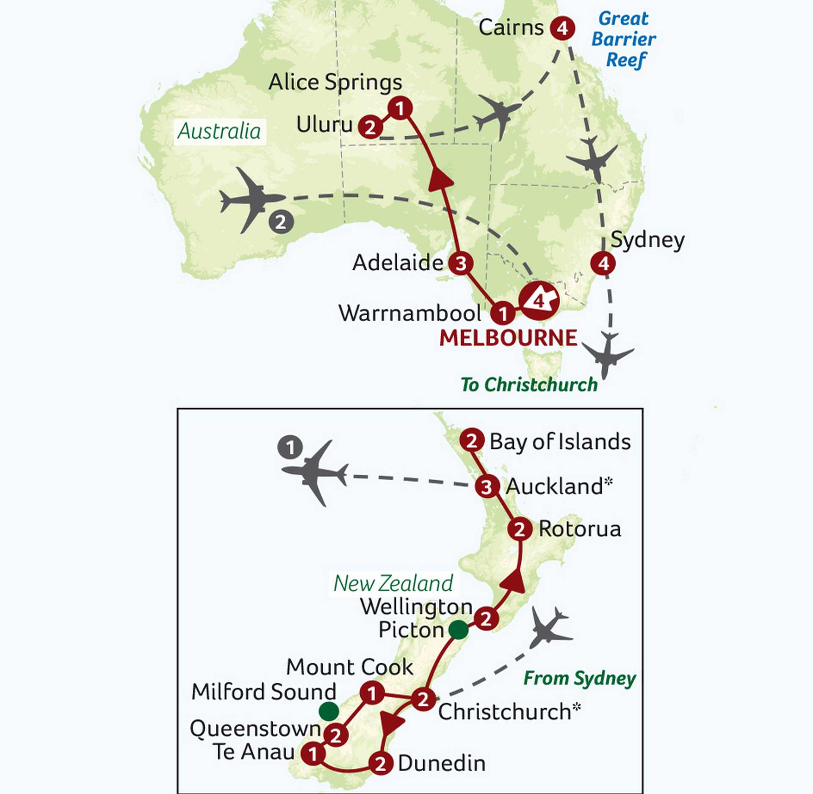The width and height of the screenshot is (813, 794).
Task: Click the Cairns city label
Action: click(511, 28)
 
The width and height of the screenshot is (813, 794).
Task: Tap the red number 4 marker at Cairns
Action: click(562, 28)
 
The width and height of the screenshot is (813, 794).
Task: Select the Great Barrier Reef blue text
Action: click(624, 39)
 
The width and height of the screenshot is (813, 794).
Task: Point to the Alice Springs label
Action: click(335, 82)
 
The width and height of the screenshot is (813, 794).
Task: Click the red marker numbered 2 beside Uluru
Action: click(370, 127)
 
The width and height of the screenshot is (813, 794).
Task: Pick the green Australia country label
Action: click(219, 132)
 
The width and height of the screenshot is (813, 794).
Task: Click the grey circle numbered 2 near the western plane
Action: click(281, 222)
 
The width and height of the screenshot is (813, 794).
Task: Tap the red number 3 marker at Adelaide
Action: click(461, 263)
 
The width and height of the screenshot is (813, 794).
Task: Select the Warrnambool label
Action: click(409, 313)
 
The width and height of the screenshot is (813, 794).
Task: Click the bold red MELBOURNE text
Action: click(508, 338)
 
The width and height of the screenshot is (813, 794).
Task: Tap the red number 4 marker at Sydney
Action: click(603, 263)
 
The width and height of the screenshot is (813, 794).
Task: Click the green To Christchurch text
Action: click(529, 385)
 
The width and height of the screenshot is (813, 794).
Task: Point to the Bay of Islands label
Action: click(560, 442)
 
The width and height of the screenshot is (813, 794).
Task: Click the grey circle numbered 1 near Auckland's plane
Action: click(290, 448)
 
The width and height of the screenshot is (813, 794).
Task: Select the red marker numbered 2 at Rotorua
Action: click(520, 529)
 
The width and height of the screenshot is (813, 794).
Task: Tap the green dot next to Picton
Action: click(458, 630)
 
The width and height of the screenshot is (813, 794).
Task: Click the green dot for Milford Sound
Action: click(329, 711)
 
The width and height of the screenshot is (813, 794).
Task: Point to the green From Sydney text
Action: click(579, 679)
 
